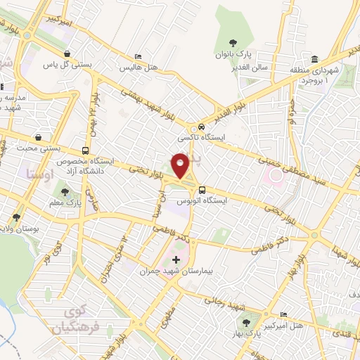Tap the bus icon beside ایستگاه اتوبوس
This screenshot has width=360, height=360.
pyautogui.click(x=202, y=190)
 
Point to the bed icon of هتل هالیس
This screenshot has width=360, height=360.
pyautogui.click(x=138, y=56)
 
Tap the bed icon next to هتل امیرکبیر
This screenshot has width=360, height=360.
pyautogui.click(x=283, y=314)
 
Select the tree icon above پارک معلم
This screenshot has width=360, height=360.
pyautogui.click(x=64, y=191)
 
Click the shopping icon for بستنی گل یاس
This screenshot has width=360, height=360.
pyautogui.click(x=67, y=54)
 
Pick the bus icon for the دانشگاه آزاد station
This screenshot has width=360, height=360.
pyautogui.click(x=85, y=150)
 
